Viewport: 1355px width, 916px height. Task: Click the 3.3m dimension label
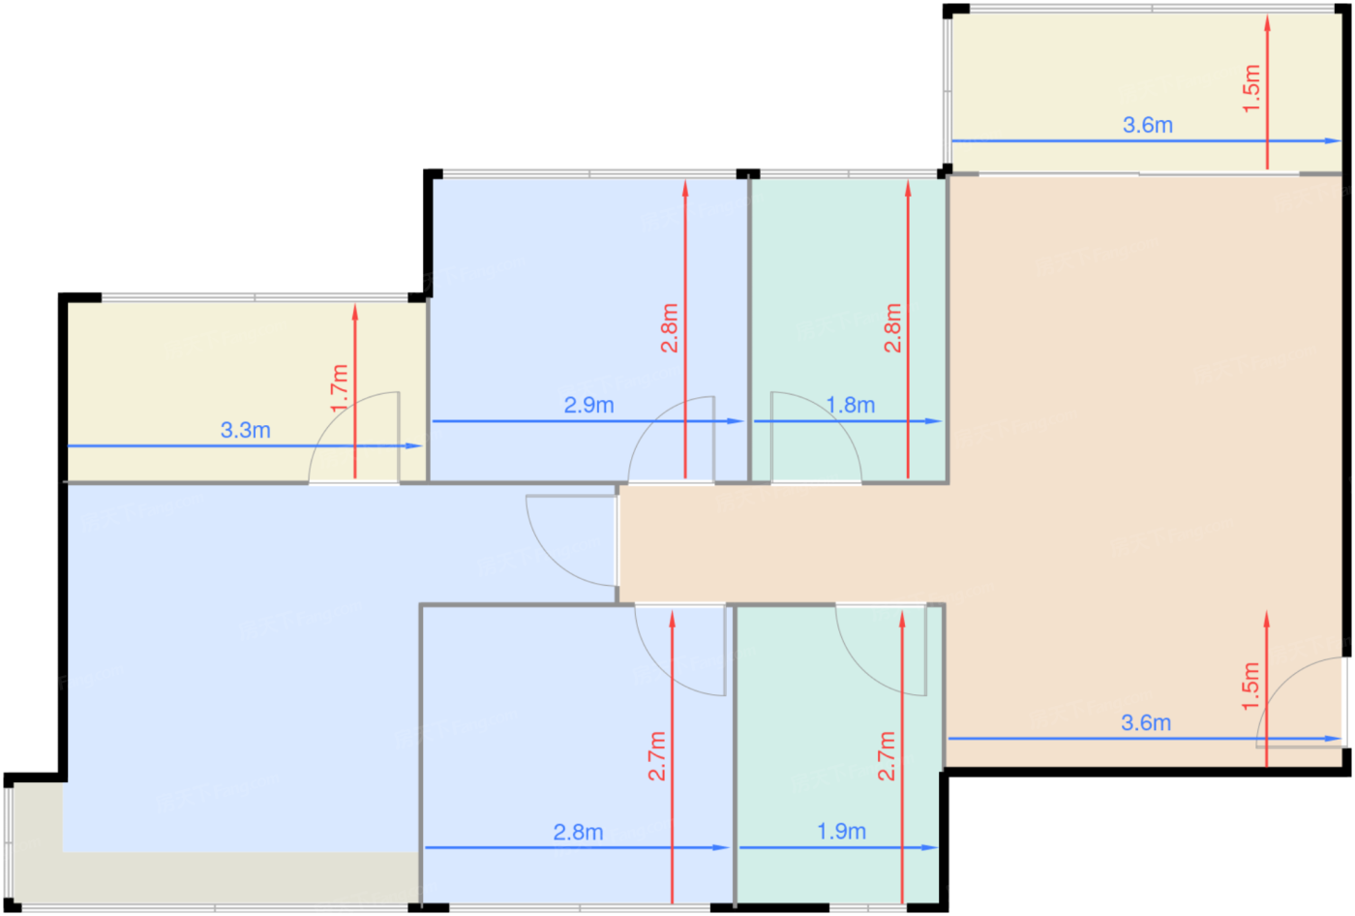pos(245,430)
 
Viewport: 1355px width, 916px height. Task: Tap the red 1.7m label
pos(340,388)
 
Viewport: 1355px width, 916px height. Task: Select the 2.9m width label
pos(588,405)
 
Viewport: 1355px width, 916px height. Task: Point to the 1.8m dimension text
pos(850,405)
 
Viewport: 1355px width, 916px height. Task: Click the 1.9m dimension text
pos(841,832)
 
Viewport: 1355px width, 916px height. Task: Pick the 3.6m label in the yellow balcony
pos(1148,125)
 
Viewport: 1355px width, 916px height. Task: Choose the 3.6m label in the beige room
pos(1146,722)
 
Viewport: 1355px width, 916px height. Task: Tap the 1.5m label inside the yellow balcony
pos(1251,88)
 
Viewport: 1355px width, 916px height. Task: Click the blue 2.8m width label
pos(578,833)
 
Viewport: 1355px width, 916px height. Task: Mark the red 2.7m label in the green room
pos(887,755)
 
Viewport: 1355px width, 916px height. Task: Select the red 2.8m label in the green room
pos(892,328)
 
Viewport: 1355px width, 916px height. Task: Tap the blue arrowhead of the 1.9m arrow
pos(929,847)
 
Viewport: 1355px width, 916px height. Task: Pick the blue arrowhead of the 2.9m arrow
pos(735,421)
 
